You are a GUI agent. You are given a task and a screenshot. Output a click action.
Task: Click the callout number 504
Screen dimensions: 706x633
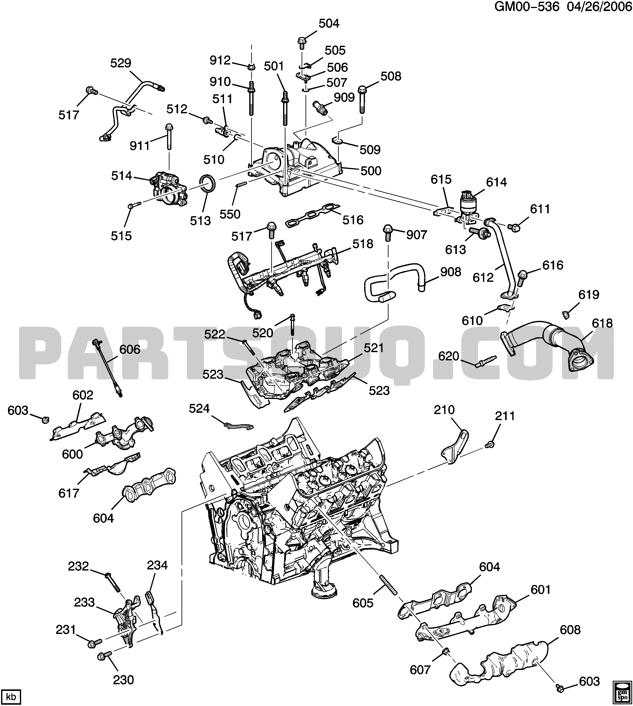tap(329, 23)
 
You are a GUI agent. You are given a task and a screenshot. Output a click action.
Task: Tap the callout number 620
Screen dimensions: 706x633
tap(449, 356)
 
